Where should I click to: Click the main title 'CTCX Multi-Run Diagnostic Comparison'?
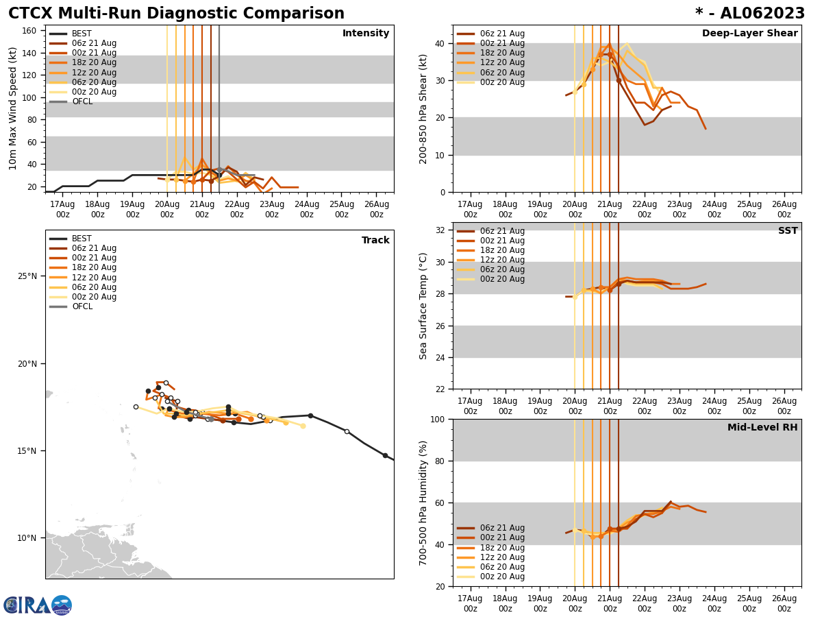coord(176,14)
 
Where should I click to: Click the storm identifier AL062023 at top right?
coord(749,14)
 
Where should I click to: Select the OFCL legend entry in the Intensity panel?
coord(82,101)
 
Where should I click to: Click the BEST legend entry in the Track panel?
coord(82,239)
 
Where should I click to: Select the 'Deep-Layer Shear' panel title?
coord(749,34)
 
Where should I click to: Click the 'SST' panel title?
coord(788,231)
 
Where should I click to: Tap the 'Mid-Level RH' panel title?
coord(762,428)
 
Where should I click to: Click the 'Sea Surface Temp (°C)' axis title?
coord(423,306)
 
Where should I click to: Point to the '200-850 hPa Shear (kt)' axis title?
coord(423,108)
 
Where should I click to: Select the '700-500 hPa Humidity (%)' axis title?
coord(423,503)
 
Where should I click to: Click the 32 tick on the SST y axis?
coord(442,230)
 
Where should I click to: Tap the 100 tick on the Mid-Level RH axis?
coord(439,419)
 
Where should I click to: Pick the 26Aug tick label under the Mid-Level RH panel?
coord(784,603)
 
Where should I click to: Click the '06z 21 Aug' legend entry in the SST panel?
coord(503,231)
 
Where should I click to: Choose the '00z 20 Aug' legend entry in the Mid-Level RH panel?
coord(503,577)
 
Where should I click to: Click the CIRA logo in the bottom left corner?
coord(37,605)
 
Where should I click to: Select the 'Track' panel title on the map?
coord(375,241)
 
